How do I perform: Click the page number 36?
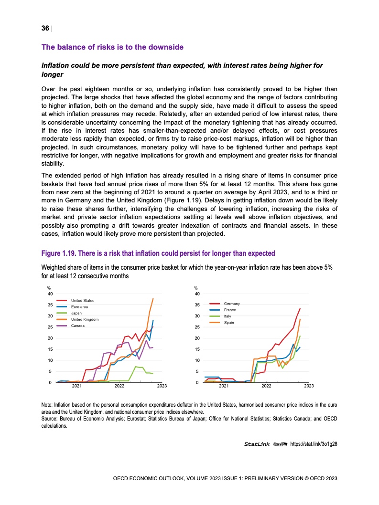[45, 28]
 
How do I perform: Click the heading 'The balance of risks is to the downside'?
[112, 47]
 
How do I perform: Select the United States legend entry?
[83, 300]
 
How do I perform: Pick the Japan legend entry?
[77, 313]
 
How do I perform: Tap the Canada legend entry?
[78, 325]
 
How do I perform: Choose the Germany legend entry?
[232, 304]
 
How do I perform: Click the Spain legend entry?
[229, 323]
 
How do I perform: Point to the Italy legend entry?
[227, 316]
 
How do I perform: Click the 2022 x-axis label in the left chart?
[119, 386]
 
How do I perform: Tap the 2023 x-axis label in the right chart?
[309, 386]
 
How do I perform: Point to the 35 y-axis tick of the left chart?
[50, 305]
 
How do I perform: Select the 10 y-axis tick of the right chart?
[197, 360]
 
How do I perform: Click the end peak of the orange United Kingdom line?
[153, 299]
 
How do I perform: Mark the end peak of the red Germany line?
[300, 309]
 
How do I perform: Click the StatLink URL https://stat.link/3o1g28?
[317, 444]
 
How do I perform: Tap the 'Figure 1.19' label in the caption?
[60, 252]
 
